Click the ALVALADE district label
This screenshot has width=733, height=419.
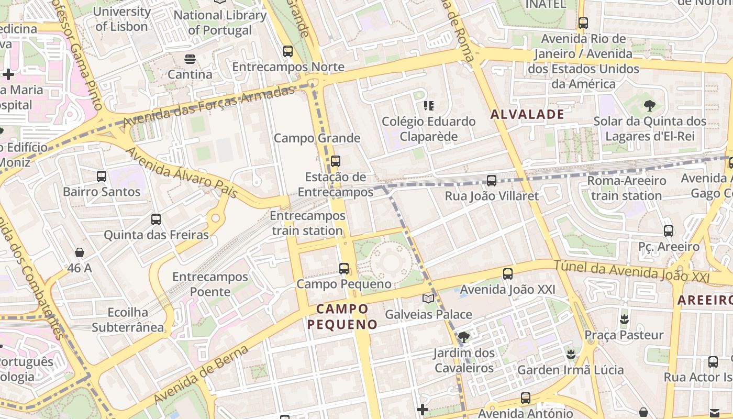pos(527,114)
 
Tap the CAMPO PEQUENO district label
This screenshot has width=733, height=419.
pos(342,316)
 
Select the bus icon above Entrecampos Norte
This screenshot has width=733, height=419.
pos(287,51)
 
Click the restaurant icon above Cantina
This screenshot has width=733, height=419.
pos(190,59)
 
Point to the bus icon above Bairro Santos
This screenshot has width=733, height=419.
pos(102,177)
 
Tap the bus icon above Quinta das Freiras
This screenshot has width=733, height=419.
pos(156,219)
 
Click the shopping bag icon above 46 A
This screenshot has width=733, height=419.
pos(80,253)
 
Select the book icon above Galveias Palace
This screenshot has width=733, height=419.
pos(428,299)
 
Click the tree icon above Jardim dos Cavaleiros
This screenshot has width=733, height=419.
pos(463,337)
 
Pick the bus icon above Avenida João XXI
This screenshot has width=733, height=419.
pos(507,274)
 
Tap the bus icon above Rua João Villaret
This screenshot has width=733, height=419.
pos(491,181)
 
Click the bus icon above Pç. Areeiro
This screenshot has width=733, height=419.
pos(668,231)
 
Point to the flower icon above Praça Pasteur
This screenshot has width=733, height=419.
pos(624,319)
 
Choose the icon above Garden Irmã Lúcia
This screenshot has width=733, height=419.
pos(571,355)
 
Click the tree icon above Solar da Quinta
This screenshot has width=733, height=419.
pos(650,106)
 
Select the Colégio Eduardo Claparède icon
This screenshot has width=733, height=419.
pos(429,106)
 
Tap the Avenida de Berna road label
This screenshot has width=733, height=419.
pos(201,375)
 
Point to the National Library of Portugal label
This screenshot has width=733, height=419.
pos(220,23)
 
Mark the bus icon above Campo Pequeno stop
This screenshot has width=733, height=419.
pos(344,269)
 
